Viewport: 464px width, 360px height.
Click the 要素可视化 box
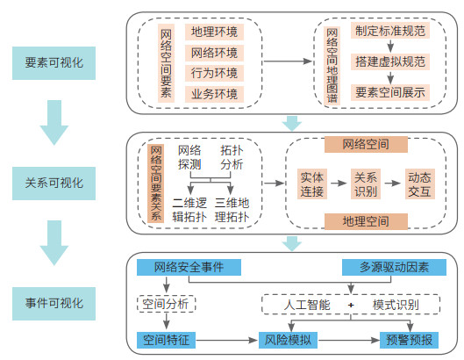click(54, 63)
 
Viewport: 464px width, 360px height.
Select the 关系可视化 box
click(54, 184)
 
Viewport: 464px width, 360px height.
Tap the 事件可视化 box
click(54, 304)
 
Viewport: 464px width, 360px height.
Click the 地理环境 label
click(214, 32)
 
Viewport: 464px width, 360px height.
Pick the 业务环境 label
click(214, 94)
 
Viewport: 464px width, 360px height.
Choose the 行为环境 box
click(214, 73)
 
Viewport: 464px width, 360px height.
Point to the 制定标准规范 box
click(390, 31)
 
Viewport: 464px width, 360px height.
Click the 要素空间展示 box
click(390, 92)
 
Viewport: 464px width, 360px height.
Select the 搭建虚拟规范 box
click(390, 61)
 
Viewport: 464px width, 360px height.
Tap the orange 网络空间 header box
click(366, 144)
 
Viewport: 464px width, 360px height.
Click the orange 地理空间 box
click(366, 221)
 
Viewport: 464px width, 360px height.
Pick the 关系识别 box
click(366, 184)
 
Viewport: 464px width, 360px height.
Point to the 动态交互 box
click(419, 184)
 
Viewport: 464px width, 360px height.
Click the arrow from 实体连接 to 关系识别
click(339, 184)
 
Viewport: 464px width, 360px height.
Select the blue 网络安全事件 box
click(189, 267)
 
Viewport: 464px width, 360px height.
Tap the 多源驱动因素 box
click(394, 267)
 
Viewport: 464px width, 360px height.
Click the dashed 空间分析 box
click(167, 304)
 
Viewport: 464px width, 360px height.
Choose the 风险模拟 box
click(288, 340)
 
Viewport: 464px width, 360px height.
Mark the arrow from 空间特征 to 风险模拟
click(226, 340)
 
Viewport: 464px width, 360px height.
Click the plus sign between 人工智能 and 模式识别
click(351, 305)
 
